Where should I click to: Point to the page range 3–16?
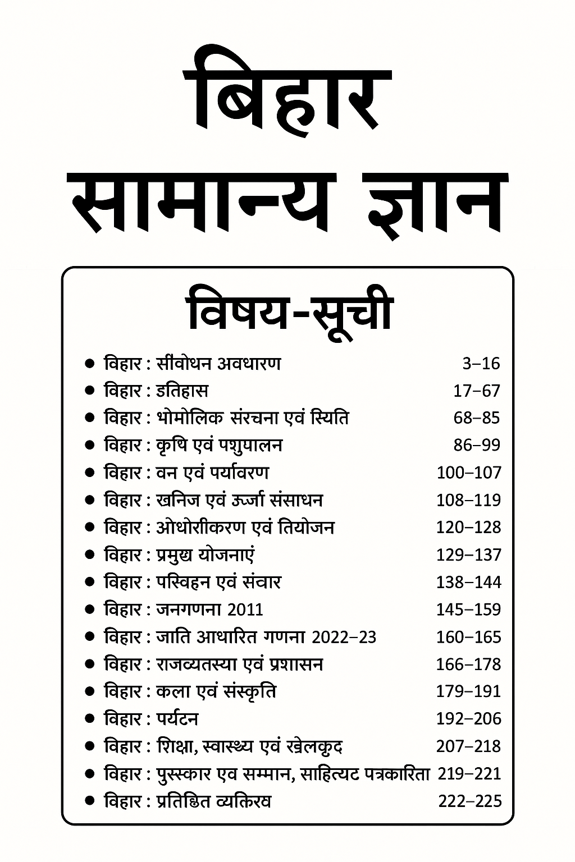point(481,364)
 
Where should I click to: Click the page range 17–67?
point(476,391)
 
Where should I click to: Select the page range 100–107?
point(468,473)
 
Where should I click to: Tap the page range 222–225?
point(469,801)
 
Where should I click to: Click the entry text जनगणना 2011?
point(209,609)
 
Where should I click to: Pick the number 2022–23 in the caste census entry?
point(344,637)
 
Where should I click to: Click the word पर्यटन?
point(177,719)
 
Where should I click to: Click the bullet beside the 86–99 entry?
point(89,446)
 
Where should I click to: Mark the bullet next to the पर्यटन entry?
point(89,719)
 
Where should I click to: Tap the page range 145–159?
point(468,609)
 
